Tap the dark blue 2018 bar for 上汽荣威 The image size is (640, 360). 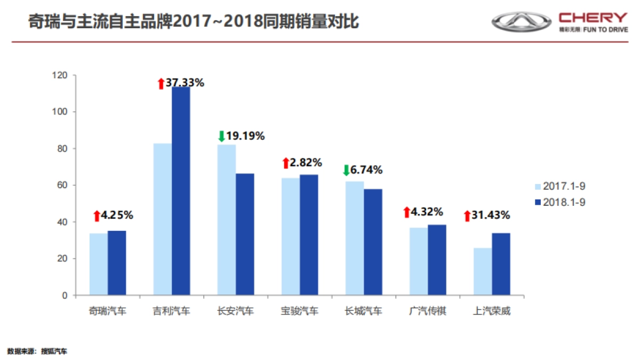click(501, 264)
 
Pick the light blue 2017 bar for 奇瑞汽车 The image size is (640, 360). click(99, 264)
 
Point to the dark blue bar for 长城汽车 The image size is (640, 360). click(373, 242)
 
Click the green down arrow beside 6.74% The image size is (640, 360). click(346, 171)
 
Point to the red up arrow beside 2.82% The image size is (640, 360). click(286, 163)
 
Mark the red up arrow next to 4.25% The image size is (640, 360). click(97, 216)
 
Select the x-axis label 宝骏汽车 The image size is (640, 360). click(300, 311)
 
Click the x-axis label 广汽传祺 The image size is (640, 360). click(428, 311)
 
